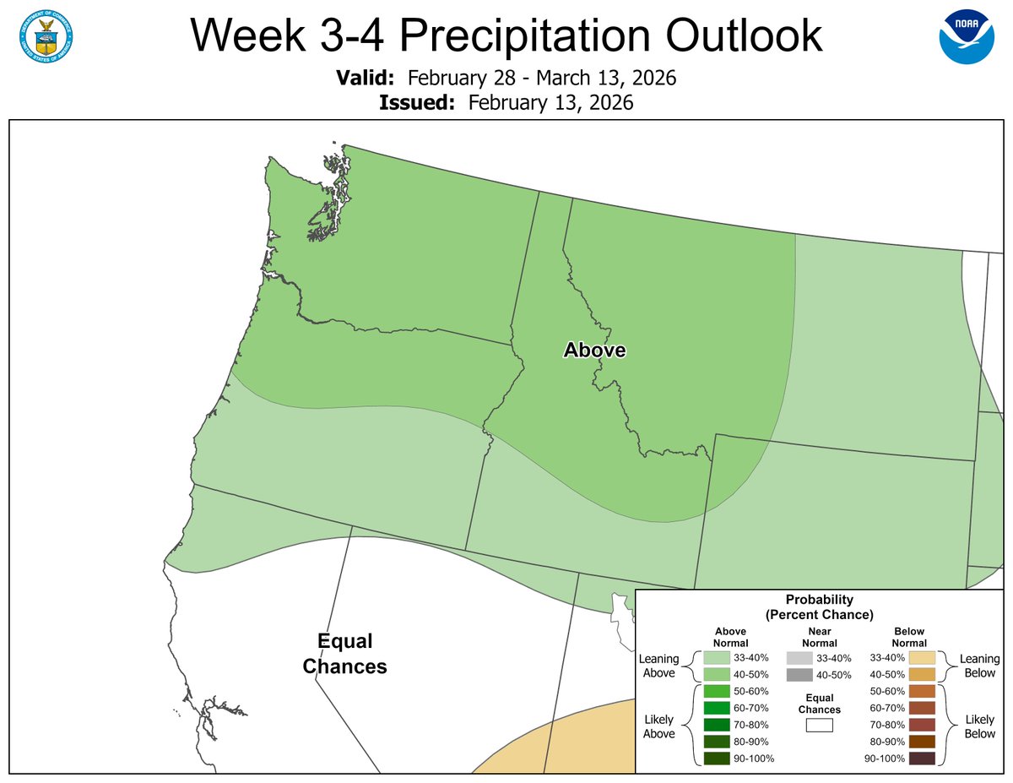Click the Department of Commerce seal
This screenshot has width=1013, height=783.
46,36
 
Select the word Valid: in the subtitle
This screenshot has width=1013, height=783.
365,79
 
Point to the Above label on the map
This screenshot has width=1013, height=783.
594,350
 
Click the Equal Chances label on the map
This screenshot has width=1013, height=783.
344,653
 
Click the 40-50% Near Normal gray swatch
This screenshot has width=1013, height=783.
799,674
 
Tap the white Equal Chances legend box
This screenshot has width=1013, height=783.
819,725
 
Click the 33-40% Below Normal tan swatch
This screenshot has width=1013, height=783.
921,657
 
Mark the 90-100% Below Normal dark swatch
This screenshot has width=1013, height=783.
921,758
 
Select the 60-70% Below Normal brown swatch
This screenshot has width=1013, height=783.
921,708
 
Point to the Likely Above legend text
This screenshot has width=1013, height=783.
659,726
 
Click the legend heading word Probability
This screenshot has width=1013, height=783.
819,600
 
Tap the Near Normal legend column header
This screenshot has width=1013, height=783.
819,637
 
